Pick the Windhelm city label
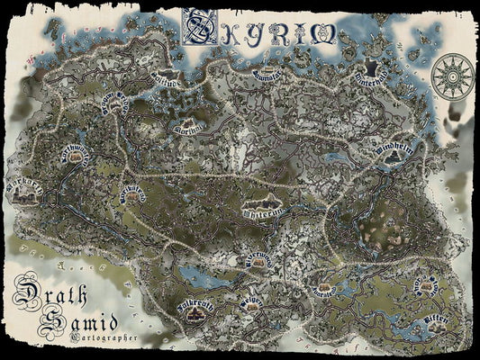coord(394,148)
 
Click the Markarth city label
coord(24,190)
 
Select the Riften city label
coord(435,321)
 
